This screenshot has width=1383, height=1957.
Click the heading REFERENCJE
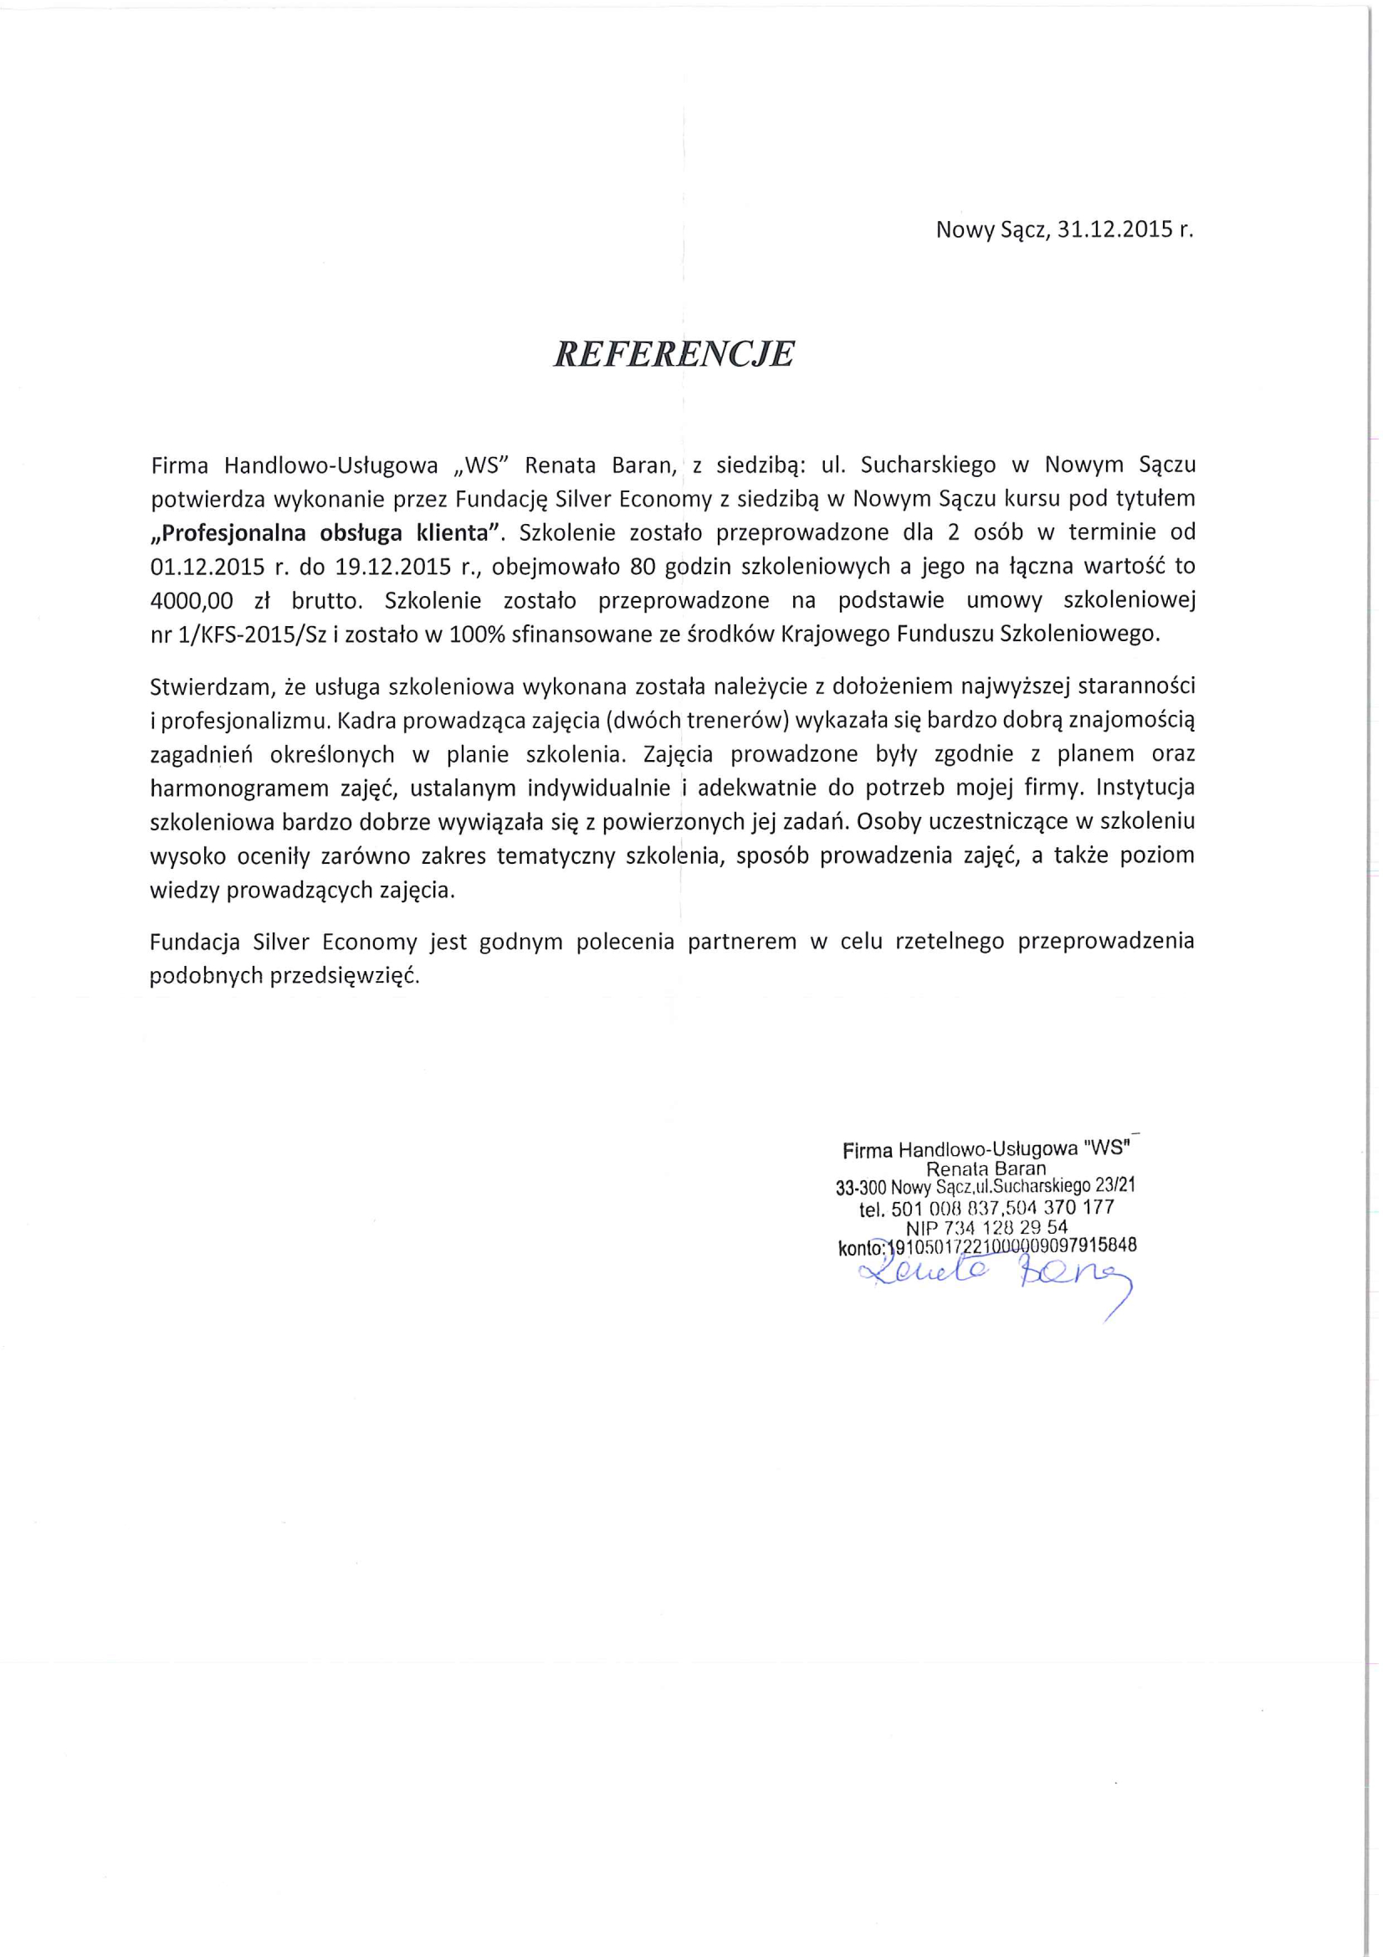pos(674,354)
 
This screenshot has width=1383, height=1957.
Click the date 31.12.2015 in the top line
pos(1113,230)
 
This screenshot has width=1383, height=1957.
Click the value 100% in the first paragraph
pos(471,635)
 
